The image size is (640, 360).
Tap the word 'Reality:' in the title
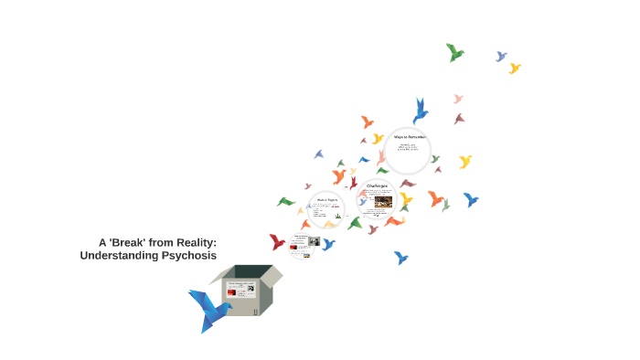tap(195, 242)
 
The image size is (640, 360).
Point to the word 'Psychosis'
tap(188, 256)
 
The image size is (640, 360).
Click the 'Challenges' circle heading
tap(379, 186)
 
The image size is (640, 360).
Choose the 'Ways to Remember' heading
tap(410, 137)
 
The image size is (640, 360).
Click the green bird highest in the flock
tap(454, 52)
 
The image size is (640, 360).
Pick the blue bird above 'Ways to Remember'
tap(420, 110)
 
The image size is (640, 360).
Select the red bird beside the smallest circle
tap(277, 242)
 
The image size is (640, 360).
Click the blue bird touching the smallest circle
tap(327, 244)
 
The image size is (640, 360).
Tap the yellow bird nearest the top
tap(515, 68)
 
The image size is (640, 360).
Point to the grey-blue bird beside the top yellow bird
tap(501, 57)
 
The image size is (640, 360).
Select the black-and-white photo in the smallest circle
tap(313, 242)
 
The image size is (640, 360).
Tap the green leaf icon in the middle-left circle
tap(337, 217)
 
